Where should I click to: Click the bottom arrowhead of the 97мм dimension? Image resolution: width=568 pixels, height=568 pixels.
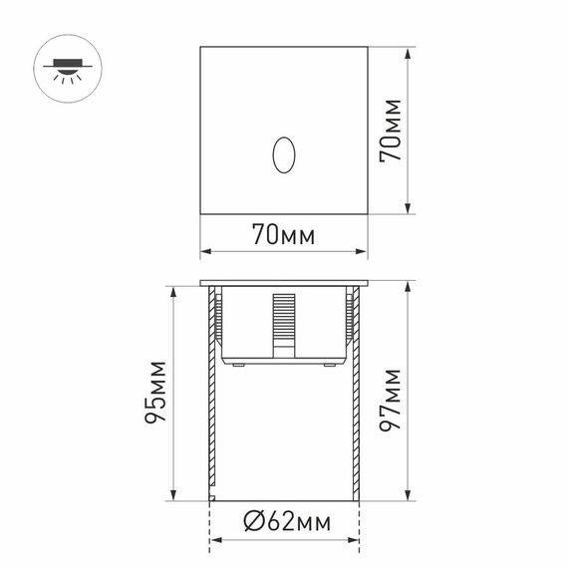[x=409, y=497]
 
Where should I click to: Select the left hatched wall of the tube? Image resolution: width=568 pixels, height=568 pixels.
[x=212, y=399]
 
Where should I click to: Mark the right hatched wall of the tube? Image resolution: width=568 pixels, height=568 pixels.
[x=356, y=399]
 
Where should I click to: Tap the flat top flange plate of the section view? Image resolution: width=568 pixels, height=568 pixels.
[x=285, y=282]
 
